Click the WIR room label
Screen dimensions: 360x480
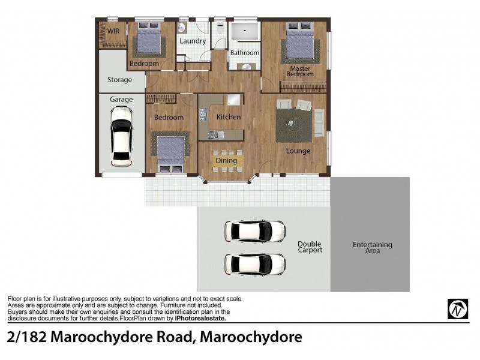click(x=113, y=31)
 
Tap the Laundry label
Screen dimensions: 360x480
click(x=193, y=41)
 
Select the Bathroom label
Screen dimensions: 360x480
click(x=245, y=53)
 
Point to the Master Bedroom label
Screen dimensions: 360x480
click(x=300, y=71)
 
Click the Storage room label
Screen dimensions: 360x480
click(x=119, y=80)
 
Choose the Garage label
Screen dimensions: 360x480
click(x=121, y=100)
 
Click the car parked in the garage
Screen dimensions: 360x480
click(x=122, y=136)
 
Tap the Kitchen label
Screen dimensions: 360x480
click(x=229, y=117)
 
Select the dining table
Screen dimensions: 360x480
click(x=227, y=161)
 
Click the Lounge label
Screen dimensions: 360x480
click(x=298, y=151)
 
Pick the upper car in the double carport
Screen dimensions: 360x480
click(x=254, y=231)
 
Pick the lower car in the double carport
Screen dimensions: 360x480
click(x=254, y=263)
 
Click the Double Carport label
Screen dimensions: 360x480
click(x=310, y=247)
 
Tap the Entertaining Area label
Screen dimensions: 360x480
click(x=372, y=247)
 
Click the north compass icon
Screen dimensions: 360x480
click(x=457, y=310)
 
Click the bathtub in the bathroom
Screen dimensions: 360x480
click(x=245, y=32)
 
